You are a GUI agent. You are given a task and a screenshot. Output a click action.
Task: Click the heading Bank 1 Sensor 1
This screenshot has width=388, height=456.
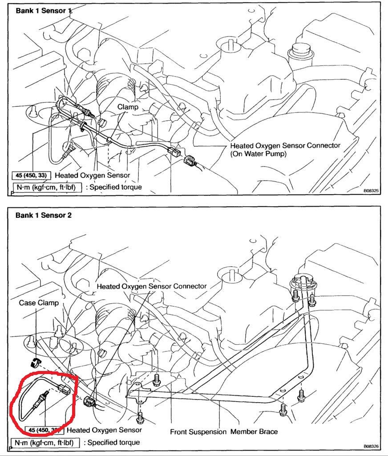point(44,10)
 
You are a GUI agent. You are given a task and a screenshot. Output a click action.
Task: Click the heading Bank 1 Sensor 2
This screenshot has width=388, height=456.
point(44,215)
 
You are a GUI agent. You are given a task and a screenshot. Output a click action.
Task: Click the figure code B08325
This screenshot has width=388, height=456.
point(371,190)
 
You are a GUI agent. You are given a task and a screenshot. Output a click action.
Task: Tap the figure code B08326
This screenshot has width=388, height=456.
point(371,446)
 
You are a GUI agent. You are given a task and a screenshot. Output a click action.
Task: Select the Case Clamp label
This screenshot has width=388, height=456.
point(39,302)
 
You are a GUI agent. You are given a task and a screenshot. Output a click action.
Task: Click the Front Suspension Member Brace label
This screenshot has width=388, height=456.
point(224,432)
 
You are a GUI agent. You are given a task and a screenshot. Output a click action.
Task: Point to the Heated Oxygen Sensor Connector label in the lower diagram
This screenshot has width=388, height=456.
point(151,286)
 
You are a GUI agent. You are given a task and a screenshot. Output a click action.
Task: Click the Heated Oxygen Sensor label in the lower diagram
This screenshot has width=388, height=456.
point(104,430)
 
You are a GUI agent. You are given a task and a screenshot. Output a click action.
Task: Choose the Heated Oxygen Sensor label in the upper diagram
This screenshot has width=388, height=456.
point(93,175)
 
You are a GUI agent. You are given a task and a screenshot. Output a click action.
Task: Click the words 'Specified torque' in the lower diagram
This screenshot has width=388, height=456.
point(114,443)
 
